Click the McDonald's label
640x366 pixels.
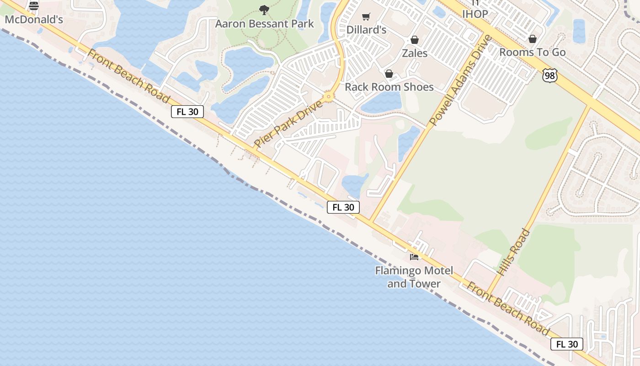point(34,20)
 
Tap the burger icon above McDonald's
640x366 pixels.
point(34,6)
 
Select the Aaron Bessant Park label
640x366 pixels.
point(265,24)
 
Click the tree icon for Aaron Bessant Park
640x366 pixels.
point(264,10)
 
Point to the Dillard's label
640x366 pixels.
point(366,30)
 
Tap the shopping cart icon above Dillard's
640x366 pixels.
point(366,17)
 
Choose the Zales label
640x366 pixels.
point(415,53)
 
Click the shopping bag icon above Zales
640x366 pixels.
point(415,40)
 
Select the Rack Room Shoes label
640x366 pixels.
point(389,87)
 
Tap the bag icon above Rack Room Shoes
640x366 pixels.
point(389,74)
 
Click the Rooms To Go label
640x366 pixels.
point(532,52)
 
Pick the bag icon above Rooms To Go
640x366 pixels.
point(532,39)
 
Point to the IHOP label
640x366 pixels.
point(475,14)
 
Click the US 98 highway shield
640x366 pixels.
point(550,75)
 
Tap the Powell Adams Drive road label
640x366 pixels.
point(460,81)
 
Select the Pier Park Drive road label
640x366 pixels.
point(288,124)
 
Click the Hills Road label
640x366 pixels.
point(513,252)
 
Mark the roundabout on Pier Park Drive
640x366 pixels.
point(328,97)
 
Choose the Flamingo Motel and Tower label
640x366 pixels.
point(414,277)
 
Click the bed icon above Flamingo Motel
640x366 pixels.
point(414,257)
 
